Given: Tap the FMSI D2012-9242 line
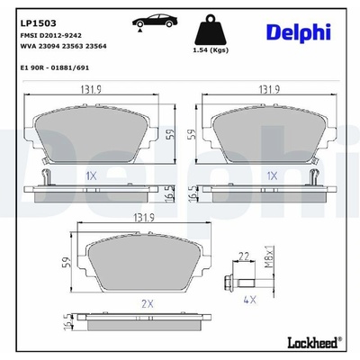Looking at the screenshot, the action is pyautogui.click(x=50, y=35).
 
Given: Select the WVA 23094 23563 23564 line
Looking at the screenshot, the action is pyautogui.click(x=63, y=46).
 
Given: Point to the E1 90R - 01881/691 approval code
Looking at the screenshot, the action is pyautogui.click(x=55, y=67).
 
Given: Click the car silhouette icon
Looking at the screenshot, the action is pyautogui.click(x=155, y=22).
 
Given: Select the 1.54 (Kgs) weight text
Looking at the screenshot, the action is pyautogui.click(x=211, y=50).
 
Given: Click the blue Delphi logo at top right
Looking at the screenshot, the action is pyautogui.click(x=299, y=32).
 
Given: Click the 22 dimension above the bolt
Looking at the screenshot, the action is pyautogui.click(x=244, y=256).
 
